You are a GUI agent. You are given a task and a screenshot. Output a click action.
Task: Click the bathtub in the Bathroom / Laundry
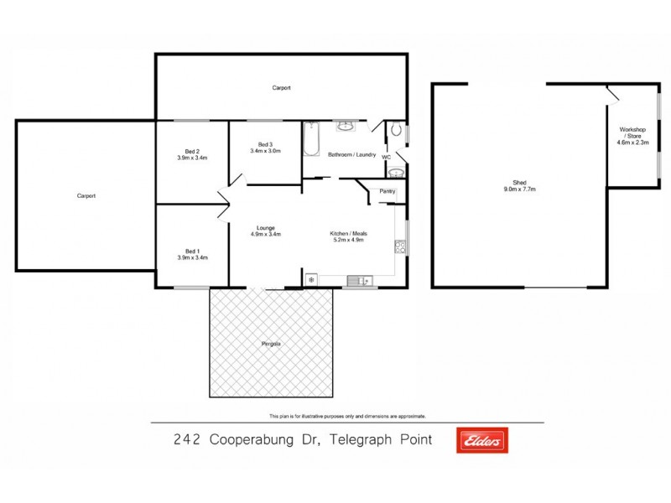click(310, 140)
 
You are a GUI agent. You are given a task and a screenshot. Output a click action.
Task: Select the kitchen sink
click(359, 280)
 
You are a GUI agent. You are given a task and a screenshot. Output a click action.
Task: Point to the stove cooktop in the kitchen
click(400, 247)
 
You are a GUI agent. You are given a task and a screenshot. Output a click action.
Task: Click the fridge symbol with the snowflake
click(311, 279)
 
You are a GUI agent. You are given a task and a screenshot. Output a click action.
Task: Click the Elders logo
click(482, 440)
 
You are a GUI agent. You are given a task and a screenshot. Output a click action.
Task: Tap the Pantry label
click(387, 192)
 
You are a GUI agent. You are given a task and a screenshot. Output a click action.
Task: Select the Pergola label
click(270, 345)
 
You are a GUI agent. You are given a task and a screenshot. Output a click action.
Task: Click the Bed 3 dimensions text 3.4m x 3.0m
click(265, 151)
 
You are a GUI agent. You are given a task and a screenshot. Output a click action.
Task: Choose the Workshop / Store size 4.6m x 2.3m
click(633, 143)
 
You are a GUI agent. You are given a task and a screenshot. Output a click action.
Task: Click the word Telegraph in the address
click(362, 439)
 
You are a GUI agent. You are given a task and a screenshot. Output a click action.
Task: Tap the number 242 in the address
click(186, 439)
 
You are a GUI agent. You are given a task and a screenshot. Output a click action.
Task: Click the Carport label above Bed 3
click(281, 88)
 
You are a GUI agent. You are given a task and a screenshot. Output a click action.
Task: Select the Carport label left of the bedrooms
click(86, 196)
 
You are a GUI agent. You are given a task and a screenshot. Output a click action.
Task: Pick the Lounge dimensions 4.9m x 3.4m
click(266, 235)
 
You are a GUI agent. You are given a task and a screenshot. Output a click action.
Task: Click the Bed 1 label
click(192, 251)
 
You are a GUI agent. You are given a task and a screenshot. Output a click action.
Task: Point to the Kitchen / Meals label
click(349, 233)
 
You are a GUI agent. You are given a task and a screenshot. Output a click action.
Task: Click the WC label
click(386, 157)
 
